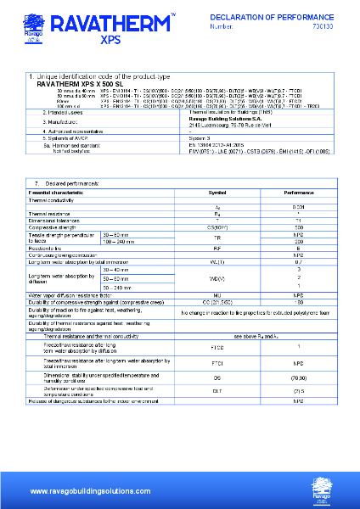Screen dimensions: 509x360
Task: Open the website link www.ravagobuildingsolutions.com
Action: pyautogui.click(x=83, y=491)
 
